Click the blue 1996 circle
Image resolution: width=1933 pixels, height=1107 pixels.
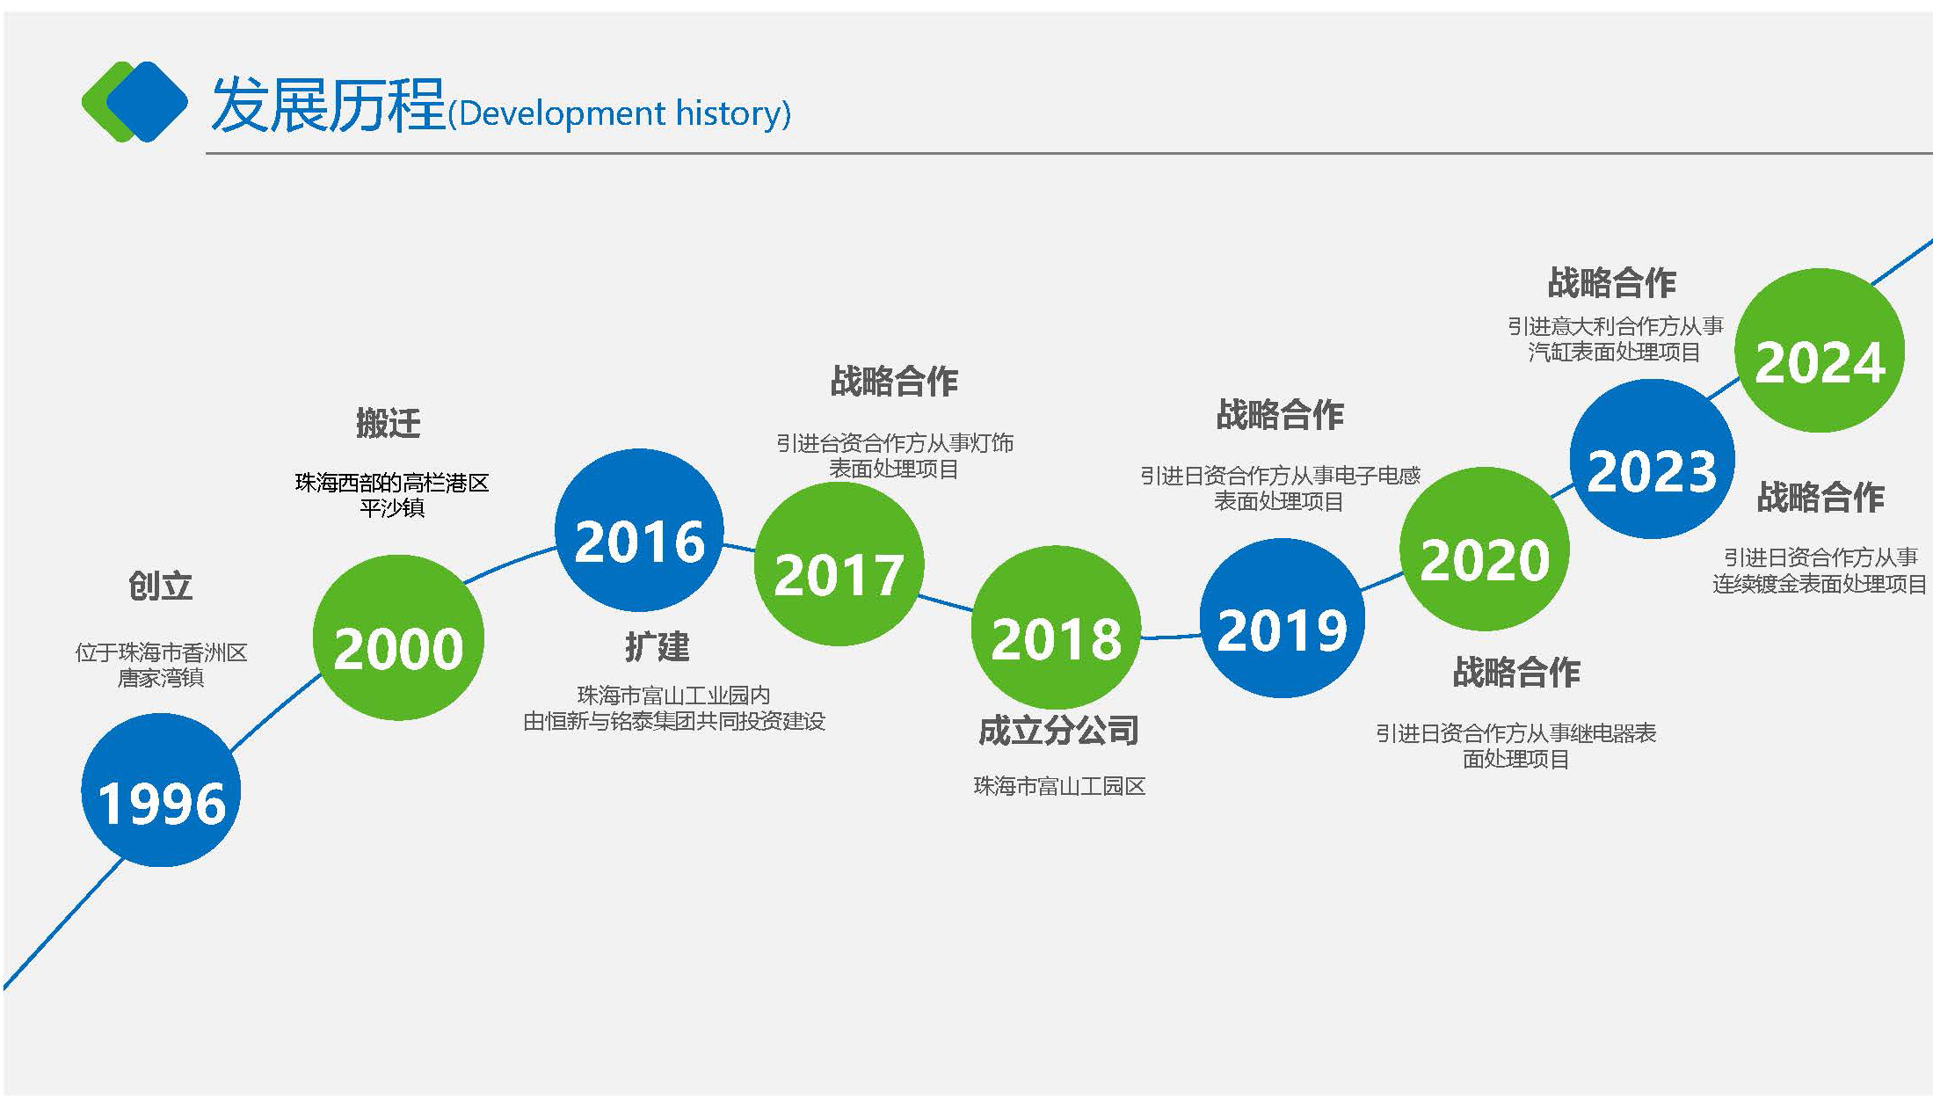(x=161, y=790)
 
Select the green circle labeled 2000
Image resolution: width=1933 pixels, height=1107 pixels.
(x=398, y=637)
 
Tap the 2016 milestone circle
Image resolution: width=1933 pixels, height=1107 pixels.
(x=639, y=530)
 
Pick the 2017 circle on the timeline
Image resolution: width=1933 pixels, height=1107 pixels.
(x=839, y=564)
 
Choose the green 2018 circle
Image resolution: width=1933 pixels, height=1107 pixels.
(x=1056, y=627)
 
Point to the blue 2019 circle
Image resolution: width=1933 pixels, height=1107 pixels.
(x=1282, y=618)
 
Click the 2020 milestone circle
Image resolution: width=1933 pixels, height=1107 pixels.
(x=1484, y=549)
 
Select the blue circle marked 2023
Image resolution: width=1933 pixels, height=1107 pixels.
(x=1652, y=458)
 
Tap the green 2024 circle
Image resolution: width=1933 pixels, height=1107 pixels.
(x=1819, y=350)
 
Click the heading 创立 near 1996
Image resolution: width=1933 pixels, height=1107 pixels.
(x=160, y=586)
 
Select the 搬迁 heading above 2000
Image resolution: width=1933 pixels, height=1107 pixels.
(x=389, y=423)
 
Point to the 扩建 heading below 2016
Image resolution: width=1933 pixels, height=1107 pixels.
(x=658, y=646)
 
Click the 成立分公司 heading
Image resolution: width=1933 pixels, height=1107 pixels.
(x=1058, y=730)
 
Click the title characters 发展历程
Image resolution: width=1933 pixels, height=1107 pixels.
(x=328, y=104)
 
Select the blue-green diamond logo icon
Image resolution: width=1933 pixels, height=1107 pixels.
(x=134, y=102)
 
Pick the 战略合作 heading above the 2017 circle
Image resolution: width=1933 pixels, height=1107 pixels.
(x=894, y=382)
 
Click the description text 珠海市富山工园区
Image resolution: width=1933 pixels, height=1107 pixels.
(x=1059, y=786)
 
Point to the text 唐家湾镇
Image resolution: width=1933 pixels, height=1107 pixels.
(x=161, y=678)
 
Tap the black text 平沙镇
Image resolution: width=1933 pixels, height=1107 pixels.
(x=392, y=508)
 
